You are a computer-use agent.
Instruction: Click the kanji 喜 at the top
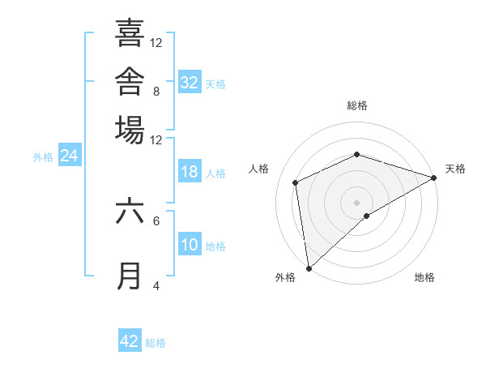130,32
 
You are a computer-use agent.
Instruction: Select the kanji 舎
130,81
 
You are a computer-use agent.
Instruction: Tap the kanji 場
130,130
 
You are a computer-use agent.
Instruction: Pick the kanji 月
129,276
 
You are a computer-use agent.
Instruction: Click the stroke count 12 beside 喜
156,43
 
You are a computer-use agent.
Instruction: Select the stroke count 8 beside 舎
156,92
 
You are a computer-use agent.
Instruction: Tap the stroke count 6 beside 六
156,221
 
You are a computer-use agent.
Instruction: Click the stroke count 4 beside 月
156,285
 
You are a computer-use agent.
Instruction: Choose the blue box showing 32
190,81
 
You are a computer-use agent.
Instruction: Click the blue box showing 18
190,171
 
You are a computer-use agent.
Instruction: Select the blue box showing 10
190,243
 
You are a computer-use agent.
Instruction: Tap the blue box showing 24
70,155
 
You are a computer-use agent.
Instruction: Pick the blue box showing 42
130,340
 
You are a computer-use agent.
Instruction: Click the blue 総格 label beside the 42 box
156,343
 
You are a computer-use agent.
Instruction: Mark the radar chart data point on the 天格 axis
434,178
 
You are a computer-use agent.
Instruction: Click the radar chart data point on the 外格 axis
309,268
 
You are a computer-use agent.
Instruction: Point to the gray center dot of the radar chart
356,203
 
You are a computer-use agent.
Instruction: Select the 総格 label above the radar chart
357,105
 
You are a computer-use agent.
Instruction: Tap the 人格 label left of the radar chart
258,169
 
